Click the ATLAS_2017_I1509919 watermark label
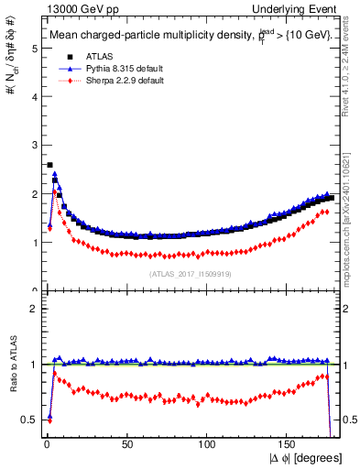tap(189, 273)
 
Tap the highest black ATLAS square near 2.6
tap(49, 166)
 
